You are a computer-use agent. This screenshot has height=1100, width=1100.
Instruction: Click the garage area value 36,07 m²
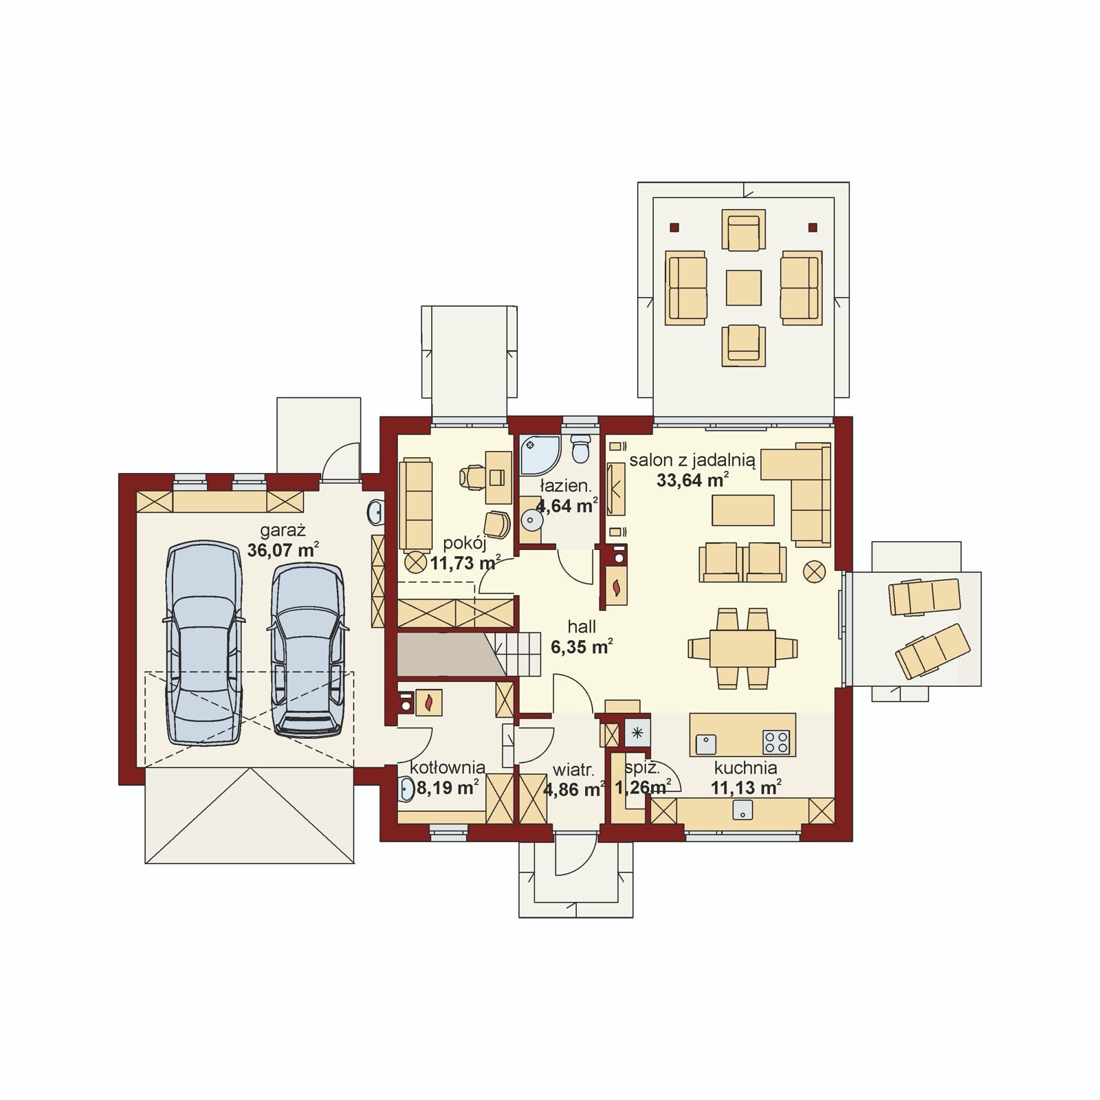pyautogui.click(x=283, y=550)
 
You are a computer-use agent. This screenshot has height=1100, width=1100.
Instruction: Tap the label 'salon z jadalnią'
pyautogui.click(x=692, y=460)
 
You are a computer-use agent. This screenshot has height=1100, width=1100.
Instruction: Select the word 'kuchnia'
pyautogui.click(x=745, y=768)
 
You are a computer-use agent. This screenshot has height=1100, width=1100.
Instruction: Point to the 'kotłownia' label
pyautogui.click(x=448, y=767)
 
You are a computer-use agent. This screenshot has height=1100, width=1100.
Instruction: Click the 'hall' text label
pyautogui.click(x=582, y=626)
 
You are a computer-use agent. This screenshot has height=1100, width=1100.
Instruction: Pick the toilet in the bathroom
pyautogui.click(x=582, y=448)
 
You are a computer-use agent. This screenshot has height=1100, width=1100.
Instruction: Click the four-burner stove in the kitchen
pyautogui.click(x=776, y=742)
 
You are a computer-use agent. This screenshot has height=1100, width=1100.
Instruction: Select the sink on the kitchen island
pyautogui.click(x=706, y=744)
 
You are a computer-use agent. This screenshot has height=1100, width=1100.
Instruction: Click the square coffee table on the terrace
pyautogui.click(x=744, y=287)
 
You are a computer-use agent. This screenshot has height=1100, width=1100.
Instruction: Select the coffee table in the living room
pyautogui.click(x=743, y=510)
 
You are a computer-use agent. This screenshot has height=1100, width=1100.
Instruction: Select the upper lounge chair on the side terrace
pyautogui.click(x=925, y=596)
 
